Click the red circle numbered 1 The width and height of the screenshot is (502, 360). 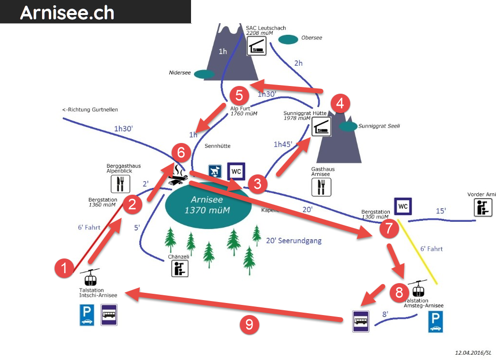click(64, 267)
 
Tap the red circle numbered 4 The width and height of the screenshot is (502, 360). click(340, 103)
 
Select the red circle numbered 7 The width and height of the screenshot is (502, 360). click(388, 229)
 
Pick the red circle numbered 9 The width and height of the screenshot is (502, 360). click(249, 324)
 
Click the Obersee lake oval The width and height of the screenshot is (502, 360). click(288, 39)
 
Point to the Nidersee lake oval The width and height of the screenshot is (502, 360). click(204, 74)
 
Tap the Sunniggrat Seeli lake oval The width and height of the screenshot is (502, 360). click(348, 126)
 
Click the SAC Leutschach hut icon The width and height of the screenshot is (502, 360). click(256, 46)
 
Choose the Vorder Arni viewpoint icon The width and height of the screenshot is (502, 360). click(483, 207)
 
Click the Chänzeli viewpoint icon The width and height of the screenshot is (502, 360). click(180, 268)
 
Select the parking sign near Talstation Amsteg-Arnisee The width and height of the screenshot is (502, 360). click(435, 322)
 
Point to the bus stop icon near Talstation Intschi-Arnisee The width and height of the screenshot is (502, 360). click(109, 315)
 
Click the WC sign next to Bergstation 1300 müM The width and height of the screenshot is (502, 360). click(403, 207)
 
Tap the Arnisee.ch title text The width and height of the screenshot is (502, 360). click(67, 13)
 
